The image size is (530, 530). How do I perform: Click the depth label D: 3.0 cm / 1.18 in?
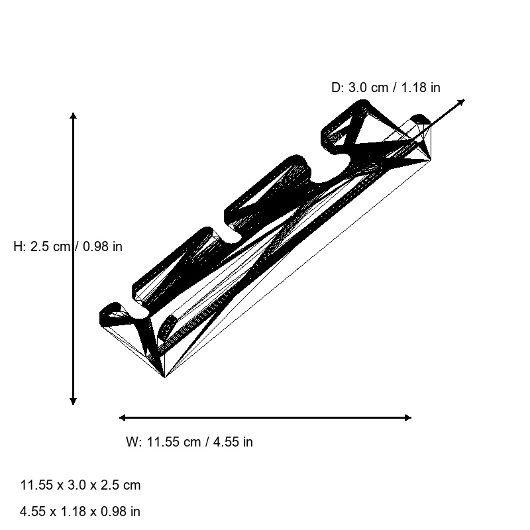pyautogui.click(x=386, y=87)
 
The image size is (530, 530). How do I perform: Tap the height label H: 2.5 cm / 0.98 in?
pyautogui.click(x=68, y=246)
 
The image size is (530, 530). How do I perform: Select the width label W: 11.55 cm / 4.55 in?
pyautogui.click(x=189, y=442)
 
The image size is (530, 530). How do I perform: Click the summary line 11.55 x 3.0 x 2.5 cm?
pyautogui.click(x=80, y=485)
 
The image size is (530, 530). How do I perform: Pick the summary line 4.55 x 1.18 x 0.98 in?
pyautogui.click(x=80, y=511)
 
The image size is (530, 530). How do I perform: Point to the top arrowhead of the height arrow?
pyautogui.click(x=73, y=115)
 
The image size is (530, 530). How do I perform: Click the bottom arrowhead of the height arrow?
pyautogui.click(x=73, y=401)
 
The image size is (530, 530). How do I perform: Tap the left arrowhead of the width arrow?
pyautogui.click(x=122, y=417)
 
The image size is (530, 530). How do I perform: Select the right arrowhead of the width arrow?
pyautogui.click(x=408, y=417)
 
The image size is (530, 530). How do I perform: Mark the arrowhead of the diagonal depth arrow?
pyautogui.click(x=462, y=101)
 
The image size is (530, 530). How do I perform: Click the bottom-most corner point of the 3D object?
pyautogui.click(x=164, y=377)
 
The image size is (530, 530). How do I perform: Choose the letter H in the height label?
pyautogui.click(x=18, y=246)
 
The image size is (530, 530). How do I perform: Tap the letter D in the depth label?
pyautogui.click(x=335, y=87)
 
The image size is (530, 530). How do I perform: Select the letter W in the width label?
pyautogui.click(x=131, y=442)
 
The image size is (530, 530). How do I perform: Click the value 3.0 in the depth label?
pyautogui.click(x=357, y=87)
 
